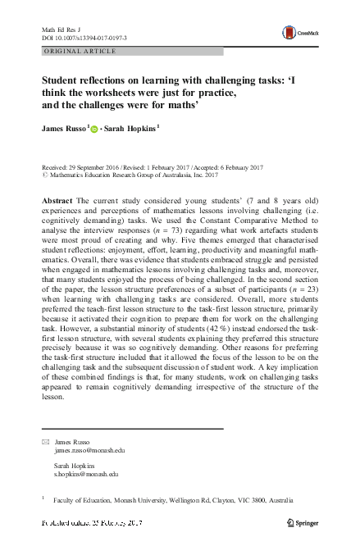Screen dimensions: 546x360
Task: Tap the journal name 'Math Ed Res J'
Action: coord(59,30)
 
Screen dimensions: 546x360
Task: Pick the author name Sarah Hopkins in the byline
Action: coord(132,128)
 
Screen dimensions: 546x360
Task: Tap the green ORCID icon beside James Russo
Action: coord(93,129)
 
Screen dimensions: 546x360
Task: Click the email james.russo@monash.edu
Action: coord(89,450)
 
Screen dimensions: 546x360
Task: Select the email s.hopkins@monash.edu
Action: coord(87,474)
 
